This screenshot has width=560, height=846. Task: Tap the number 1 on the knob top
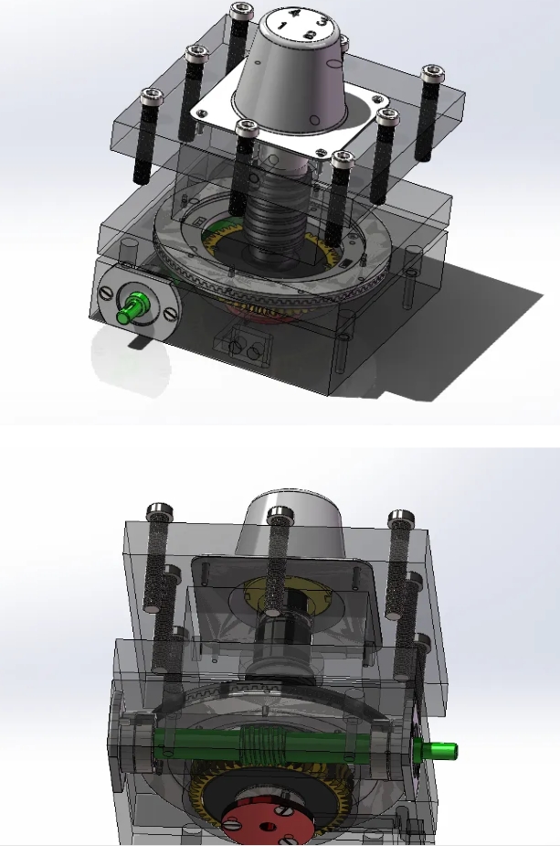click(285, 28)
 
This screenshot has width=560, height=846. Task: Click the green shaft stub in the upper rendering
click(133, 307)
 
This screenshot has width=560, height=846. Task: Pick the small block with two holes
click(244, 347)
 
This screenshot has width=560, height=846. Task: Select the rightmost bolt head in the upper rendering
click(430, 71)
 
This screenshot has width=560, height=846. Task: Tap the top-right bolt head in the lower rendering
click(399, 519)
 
